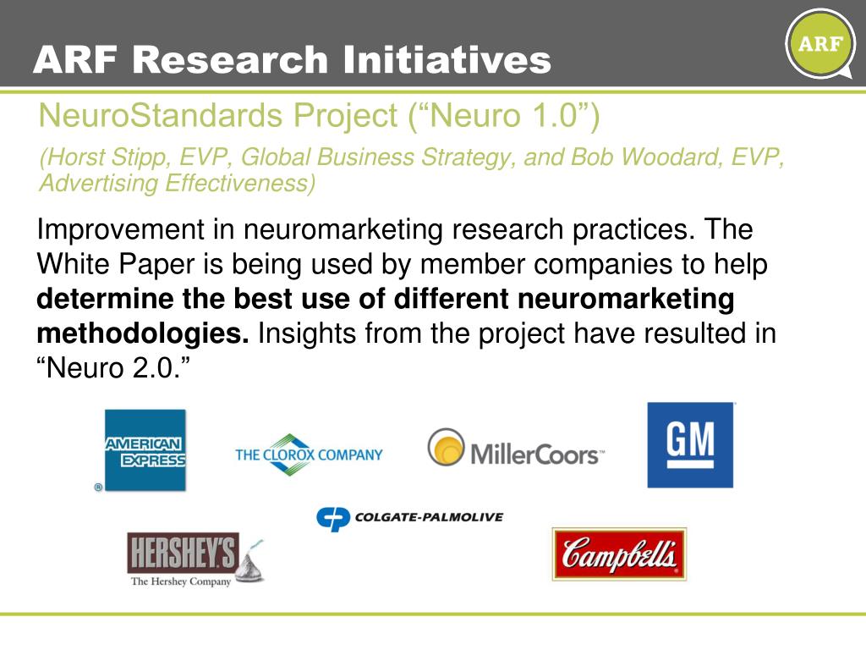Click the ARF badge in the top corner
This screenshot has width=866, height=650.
(x=819, y=43)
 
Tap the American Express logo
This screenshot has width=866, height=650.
(x=145, y=450)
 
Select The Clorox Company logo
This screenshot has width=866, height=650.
(x=309, y=454)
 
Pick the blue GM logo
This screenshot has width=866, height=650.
(x=690, y=444)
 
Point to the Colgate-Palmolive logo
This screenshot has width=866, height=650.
(x=409, y=517)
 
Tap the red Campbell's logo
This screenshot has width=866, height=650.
(x=619, y=554)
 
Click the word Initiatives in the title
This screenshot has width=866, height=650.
(x=447, y=60)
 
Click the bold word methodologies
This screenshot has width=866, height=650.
(x=143, y=333)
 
